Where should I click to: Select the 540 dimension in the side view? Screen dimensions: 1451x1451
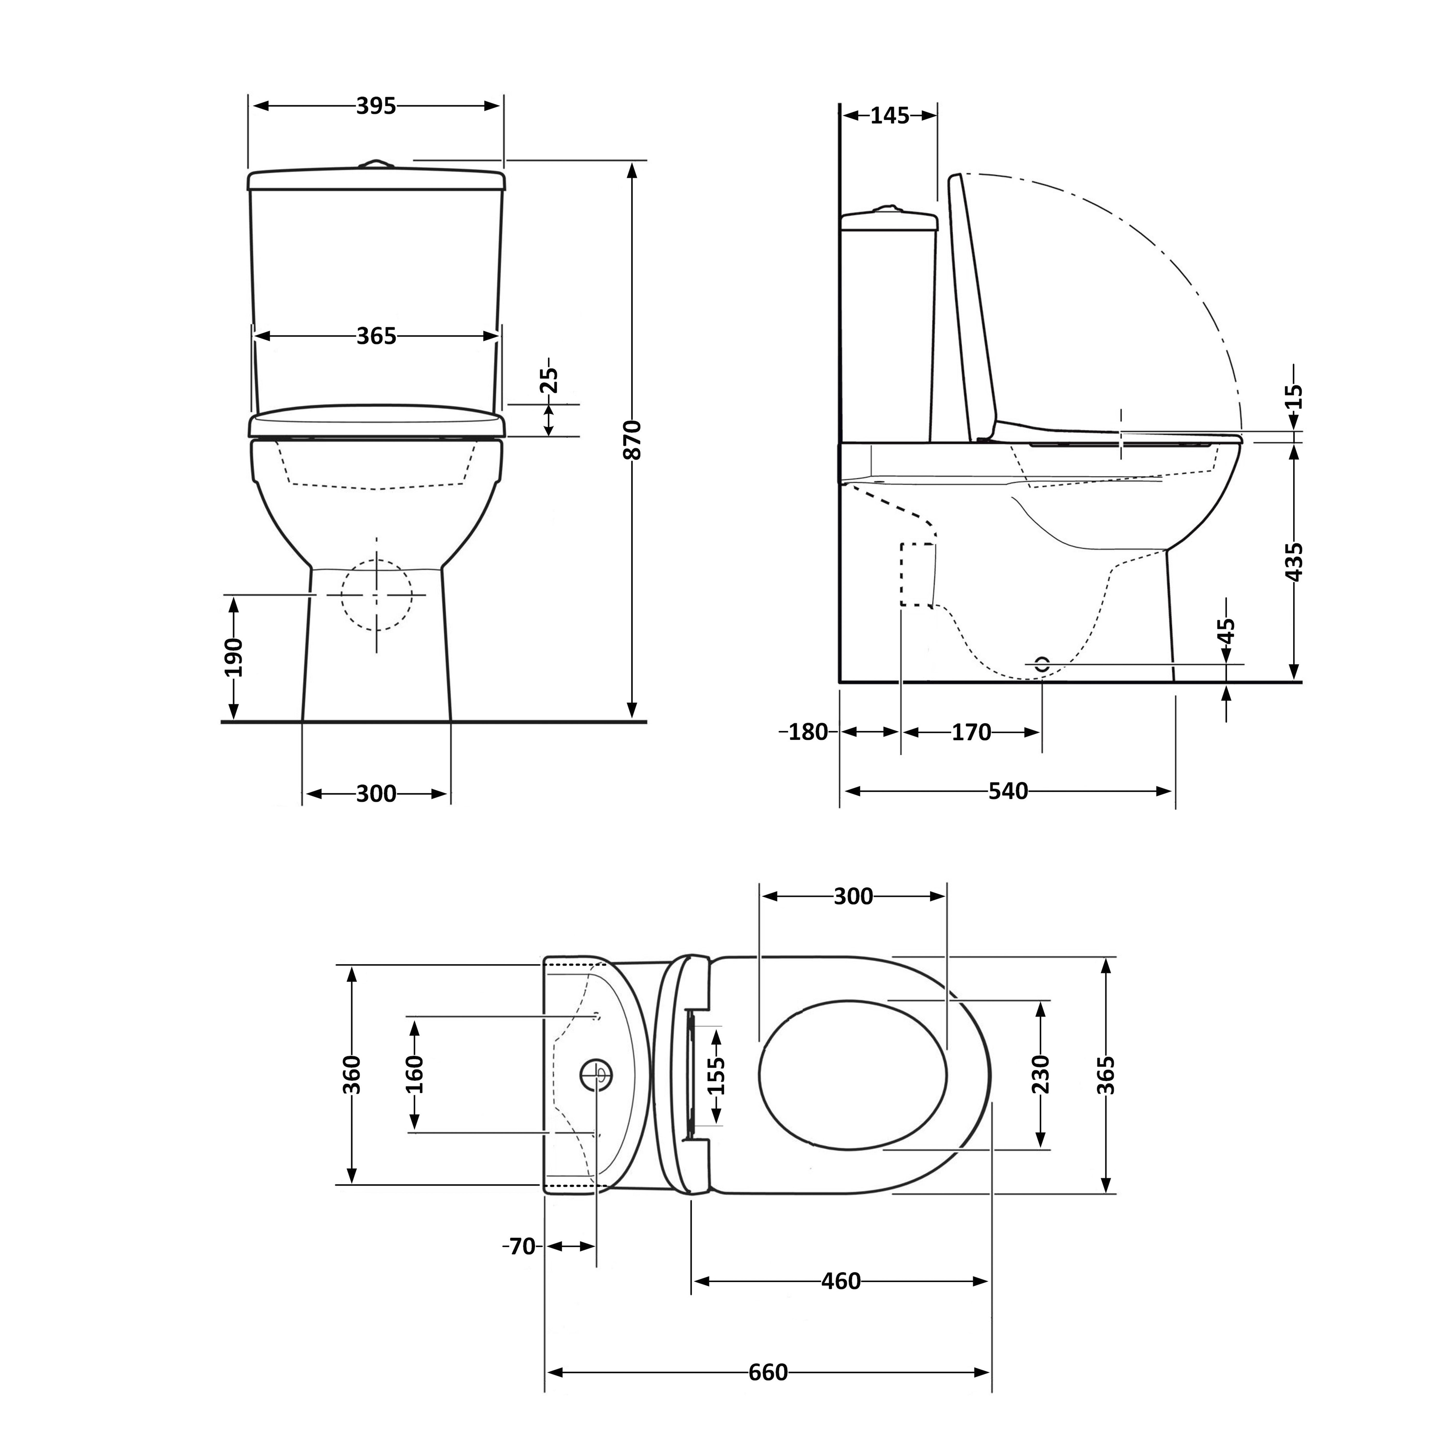pyautogui.click(x=1008, y=791)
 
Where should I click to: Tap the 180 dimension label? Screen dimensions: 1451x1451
pyautogui.click(x=807, y=732)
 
